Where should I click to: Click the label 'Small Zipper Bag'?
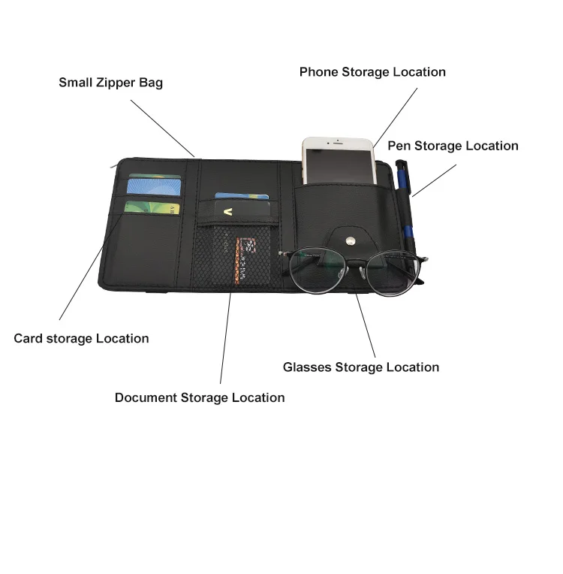pos(110,83)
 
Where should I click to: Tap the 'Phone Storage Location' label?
pos(372,72)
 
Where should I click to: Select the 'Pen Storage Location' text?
pos(453,146)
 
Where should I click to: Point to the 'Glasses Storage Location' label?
pos(360,367)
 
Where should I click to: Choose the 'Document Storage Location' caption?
pos(200,397)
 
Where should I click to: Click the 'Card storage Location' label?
pos(81,339)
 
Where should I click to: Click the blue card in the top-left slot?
pos(154,185)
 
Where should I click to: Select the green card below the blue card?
pos(152,206)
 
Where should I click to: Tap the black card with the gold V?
pos(241,209)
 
